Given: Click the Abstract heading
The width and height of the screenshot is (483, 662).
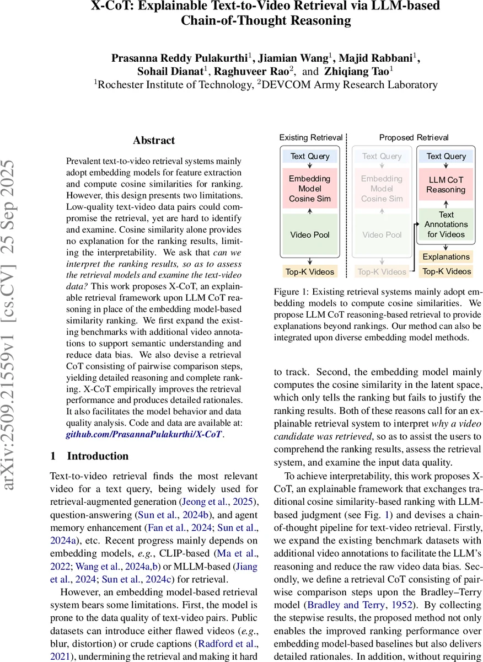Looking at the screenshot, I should click(154, 141).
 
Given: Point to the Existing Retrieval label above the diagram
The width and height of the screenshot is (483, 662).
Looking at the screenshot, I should click(310, 137).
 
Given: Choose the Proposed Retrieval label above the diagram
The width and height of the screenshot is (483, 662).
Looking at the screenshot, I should click(414, 137).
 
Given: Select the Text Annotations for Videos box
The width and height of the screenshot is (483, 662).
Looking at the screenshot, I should click(446, 225).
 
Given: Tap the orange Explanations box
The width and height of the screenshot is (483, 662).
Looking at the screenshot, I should click(446, 257).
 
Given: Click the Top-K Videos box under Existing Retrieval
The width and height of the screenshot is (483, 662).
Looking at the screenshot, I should click(310, 271).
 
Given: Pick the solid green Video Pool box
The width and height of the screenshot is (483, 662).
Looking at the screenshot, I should click(310, 235).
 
